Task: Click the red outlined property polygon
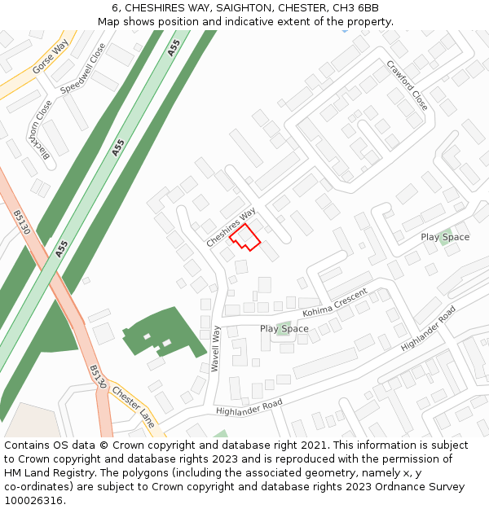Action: pyautogui.click(x=244, y=237)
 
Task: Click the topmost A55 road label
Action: pyautogui.click(x=174, y=48)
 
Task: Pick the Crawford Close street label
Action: pyautogui.click(x=407, y=86)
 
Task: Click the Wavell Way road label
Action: pyautogui.click(x=216, y=349)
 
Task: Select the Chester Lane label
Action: pyautogui.click(x=134, y=407)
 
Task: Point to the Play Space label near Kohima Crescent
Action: pyautogui.click(x=284, y=329)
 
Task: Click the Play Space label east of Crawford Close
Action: pyautogui.click(x=445, y=237)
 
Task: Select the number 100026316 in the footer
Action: pyautogui.click(x=33, y=500)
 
